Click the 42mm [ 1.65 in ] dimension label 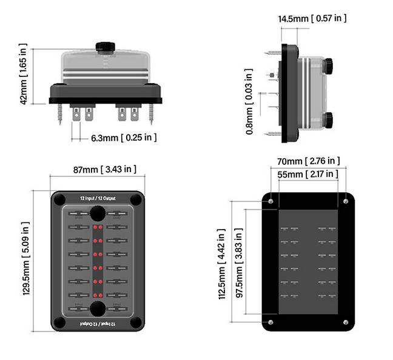(24, 74)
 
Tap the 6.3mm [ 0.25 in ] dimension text (124, 138)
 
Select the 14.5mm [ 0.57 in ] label (312, 18)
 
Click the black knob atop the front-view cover (106, 47)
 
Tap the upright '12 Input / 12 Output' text (98, 198)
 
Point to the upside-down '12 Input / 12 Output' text (98, 325)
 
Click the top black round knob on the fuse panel (98, 213)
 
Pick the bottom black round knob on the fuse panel (98, 307)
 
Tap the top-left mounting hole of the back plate (270, 201)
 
